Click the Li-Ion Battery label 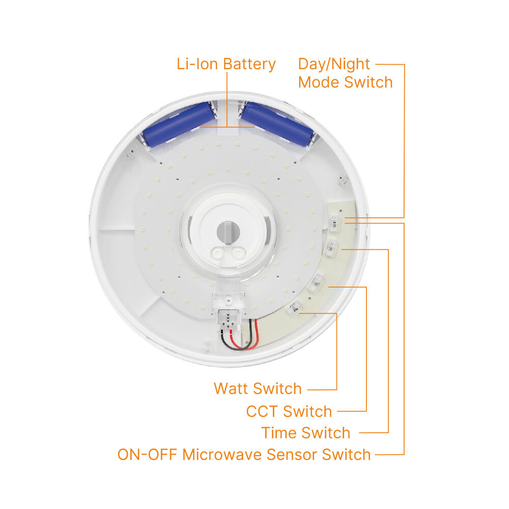coord(226,64)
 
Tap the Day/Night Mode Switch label coord(345,73)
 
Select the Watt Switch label coord(258,388)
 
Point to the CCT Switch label coord(289,411)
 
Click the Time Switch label coord(306,433)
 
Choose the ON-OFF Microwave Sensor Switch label coord(244,454)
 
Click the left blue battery coord(178,124)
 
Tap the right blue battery coord(278,124)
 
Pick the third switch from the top coord(316,281)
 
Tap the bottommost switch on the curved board coord(295,308)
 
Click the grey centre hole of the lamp coord(228,232)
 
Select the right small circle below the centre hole coord(237,252)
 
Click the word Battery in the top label coord(249,64)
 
